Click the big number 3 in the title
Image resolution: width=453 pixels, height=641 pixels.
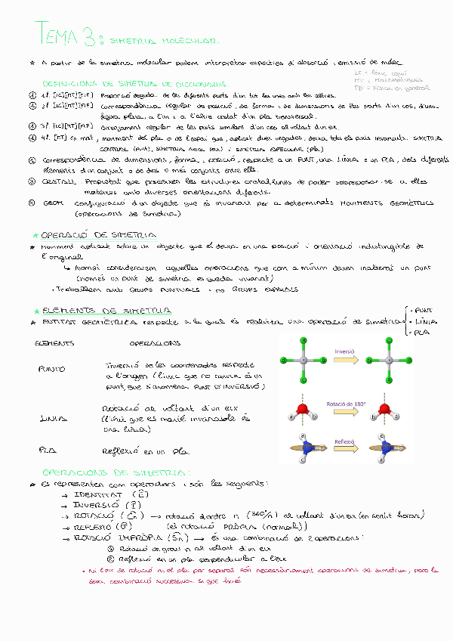(x=95, y=35)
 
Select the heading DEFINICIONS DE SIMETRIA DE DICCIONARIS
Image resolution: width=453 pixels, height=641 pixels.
(x=136, y=84)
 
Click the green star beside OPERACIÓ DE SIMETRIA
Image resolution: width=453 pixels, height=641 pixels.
(x=35, y=235)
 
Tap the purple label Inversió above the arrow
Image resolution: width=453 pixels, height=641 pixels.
(x=345, y=350)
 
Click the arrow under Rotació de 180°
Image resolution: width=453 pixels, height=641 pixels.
(x=345, y=414)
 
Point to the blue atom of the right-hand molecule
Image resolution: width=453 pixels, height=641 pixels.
(x=387, y=447)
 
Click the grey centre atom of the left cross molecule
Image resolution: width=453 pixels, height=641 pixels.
(x=303, y=361)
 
